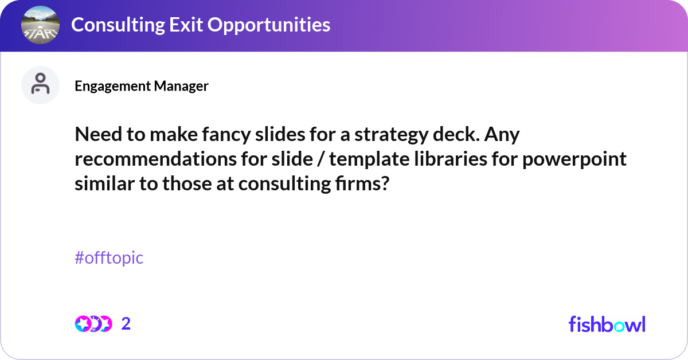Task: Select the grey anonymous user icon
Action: click(x=40, y=85)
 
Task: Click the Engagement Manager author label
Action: click(x=141, y=86)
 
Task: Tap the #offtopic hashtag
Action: click(x=109, y=258)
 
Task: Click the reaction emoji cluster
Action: click(x=93, y=324)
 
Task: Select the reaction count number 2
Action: click(x=126, y=324)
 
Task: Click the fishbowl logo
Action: click(x=607, y=324)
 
